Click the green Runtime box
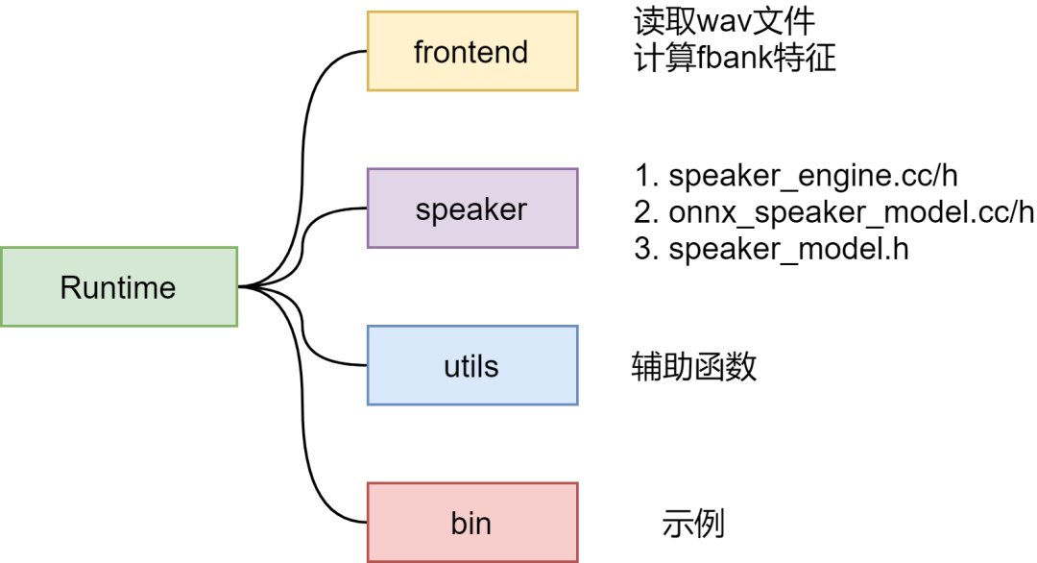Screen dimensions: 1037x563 click(119, 286)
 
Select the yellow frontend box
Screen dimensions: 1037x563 click(472, 51)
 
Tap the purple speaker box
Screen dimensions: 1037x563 click(472, 208)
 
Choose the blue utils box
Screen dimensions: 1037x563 click(472, 365)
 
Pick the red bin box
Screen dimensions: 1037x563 click(472, 523)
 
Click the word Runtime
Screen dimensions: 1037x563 click(118, 288)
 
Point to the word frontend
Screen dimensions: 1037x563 click(470, 52)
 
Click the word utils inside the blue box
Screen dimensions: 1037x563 click(470, 366)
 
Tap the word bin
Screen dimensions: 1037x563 click(470, 524)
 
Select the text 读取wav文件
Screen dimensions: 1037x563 click(724, 21)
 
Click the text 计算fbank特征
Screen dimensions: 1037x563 click(735, 58)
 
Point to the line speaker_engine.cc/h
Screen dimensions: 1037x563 click(813, 176)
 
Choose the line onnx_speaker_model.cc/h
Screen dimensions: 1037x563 click(851, 212)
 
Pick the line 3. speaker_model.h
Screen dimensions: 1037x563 click(771, 250)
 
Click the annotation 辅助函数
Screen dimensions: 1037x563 click(694, 366)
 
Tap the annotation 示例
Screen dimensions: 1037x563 click(693, 524)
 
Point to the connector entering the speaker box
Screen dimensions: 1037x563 click(302, 245)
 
